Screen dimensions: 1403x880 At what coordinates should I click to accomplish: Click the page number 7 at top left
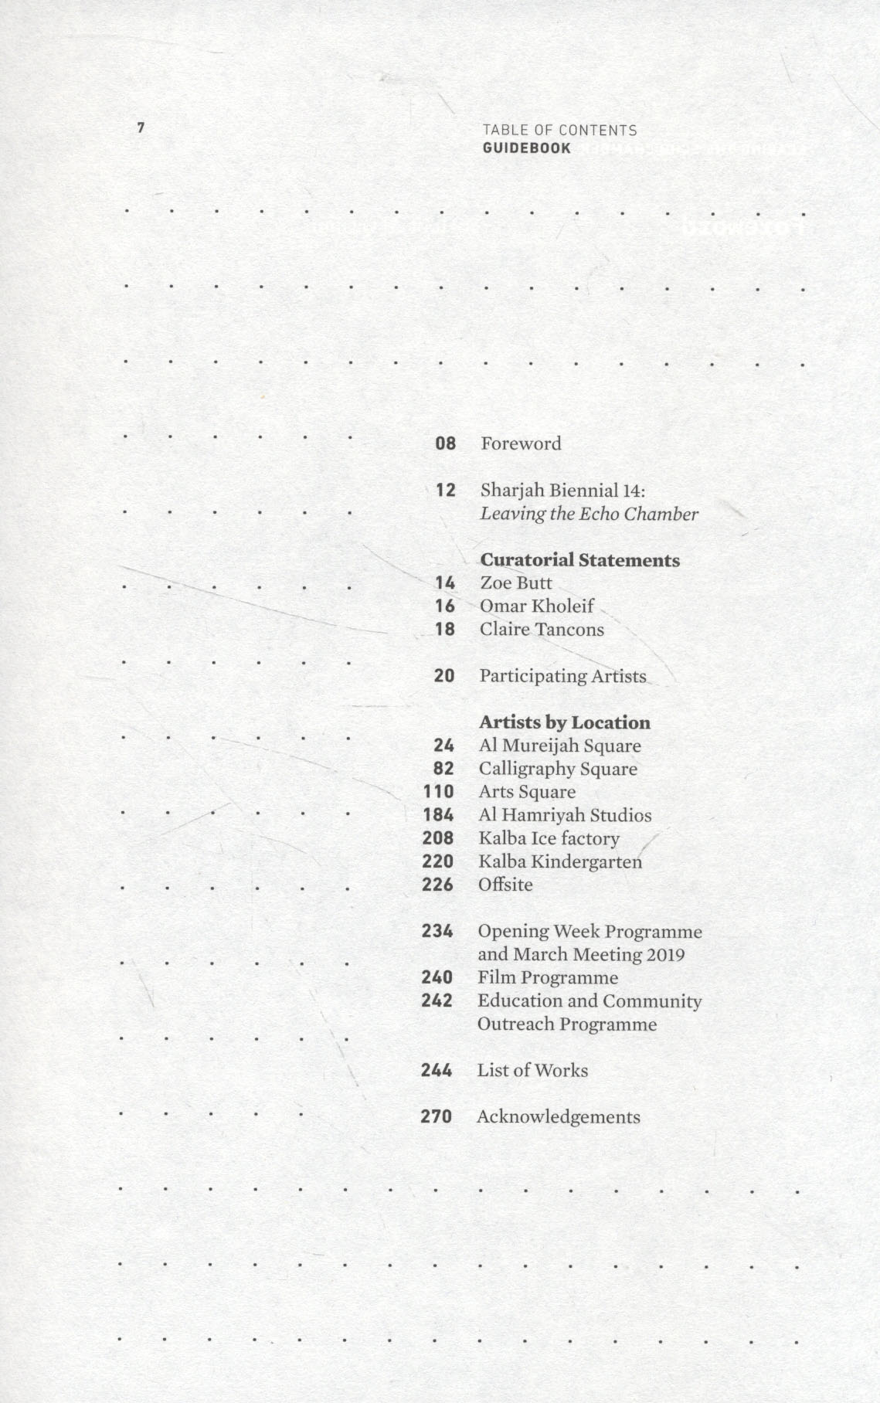click(141, 127)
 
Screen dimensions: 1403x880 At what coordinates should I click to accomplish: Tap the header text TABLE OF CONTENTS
click(559, 131)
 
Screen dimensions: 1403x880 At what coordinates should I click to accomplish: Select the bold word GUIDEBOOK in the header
click(527, 148)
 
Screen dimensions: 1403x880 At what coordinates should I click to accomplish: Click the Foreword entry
click(521, 443)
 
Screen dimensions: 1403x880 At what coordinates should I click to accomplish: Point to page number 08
click(446, 443)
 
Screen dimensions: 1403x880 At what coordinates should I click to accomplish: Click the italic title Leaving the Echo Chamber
click(589, 514)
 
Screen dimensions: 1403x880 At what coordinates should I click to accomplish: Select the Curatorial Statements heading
click(579, 560)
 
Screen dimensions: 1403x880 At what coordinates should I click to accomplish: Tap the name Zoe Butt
click(516, 583)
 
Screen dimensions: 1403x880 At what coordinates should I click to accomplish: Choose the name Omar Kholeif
click(537, 606)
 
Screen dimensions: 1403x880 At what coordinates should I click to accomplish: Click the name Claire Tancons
click(542, 630)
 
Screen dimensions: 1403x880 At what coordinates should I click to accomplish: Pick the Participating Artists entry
click(562, 676)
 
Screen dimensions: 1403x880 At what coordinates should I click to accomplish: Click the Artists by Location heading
click(564, 722)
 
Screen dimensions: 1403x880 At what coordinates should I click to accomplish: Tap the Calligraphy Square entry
click(558, 769)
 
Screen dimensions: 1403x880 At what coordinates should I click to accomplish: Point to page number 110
click(438, 792)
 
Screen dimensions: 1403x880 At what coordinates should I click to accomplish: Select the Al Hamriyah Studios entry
click(565, 815)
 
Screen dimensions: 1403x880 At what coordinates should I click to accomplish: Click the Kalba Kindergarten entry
click(560, 861)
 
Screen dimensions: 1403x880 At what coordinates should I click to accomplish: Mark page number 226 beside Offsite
click(437, 885)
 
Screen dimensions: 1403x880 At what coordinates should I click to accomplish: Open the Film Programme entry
click(548, 977)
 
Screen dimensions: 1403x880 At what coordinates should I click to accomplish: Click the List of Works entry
click(532, 1071)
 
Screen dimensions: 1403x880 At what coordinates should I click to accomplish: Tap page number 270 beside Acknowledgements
click(436, 1117)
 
